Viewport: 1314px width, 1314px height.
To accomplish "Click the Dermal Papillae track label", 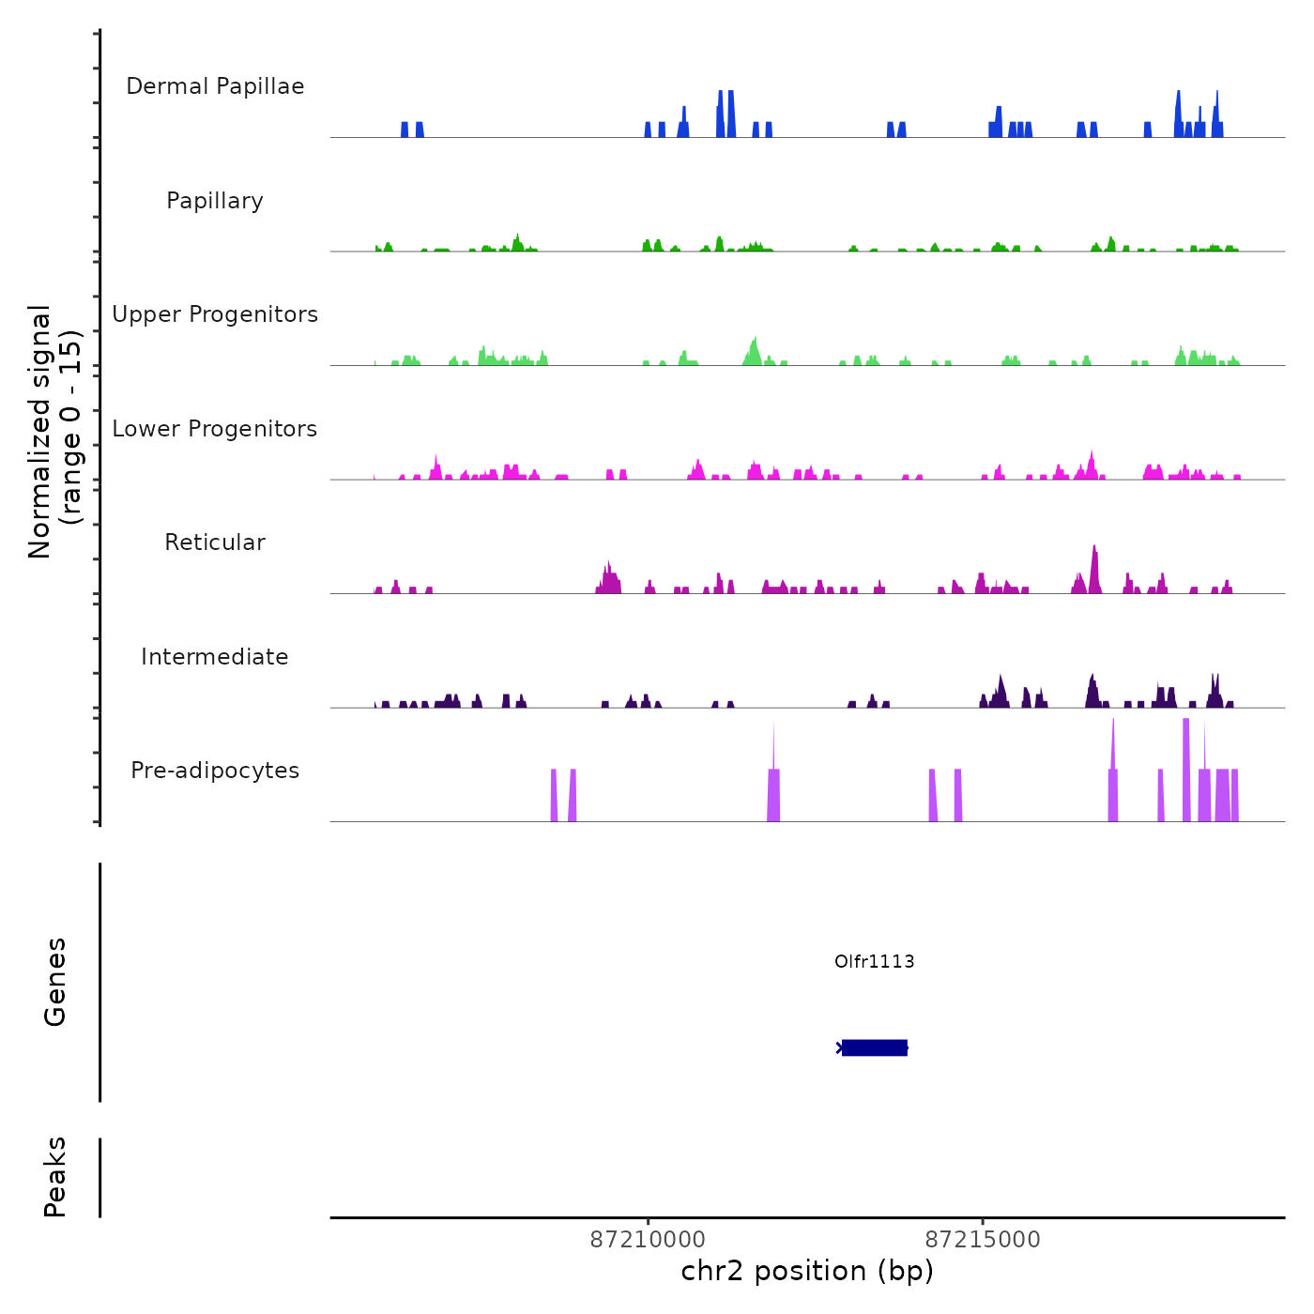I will pyautogui.click(x=215, y=86).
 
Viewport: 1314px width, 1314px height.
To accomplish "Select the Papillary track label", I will pyautogui.click(x=215, y=201).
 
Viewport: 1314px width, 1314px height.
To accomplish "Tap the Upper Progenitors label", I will pyautogui.click(x=215, y=314).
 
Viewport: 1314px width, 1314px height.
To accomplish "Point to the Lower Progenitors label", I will pyautogui.click(x=215, y=429).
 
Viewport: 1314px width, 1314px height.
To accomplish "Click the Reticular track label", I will pyautogui.click(x=215, y=542).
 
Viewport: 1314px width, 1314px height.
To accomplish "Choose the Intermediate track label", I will pyautogui.click(x=215, y=657).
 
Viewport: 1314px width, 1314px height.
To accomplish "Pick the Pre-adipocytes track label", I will pyautogui.click(x=215, y=771).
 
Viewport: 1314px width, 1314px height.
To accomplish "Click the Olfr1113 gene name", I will pyautogui.click(x=874, y=961).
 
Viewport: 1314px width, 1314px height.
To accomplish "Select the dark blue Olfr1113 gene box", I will pyautogui.click(x=875, y=1047).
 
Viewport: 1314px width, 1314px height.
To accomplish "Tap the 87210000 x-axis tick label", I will pyautogui.click(x=648, y=1240).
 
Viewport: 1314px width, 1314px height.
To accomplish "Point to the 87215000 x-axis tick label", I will pyautogui.click(x=983, y=1240).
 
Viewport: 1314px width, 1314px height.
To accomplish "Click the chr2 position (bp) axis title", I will pyautogui.click(x=807, y=1271).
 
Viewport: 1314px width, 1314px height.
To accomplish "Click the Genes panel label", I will pyautogui.click(x=55, y=982).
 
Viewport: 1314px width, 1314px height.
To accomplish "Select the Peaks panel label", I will pyautogui.click(x=55, y=1177).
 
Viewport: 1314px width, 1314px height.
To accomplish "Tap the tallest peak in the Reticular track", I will pyautogui.click(x=1094, y=568).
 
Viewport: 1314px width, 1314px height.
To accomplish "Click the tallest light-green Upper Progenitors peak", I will pyautogui.click(x=755, y=349).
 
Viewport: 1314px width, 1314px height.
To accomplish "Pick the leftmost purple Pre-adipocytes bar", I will pyautogui.click(x=554, y=796).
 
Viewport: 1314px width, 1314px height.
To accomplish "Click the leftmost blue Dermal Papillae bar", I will pyautogui.click(x=405, y=130).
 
